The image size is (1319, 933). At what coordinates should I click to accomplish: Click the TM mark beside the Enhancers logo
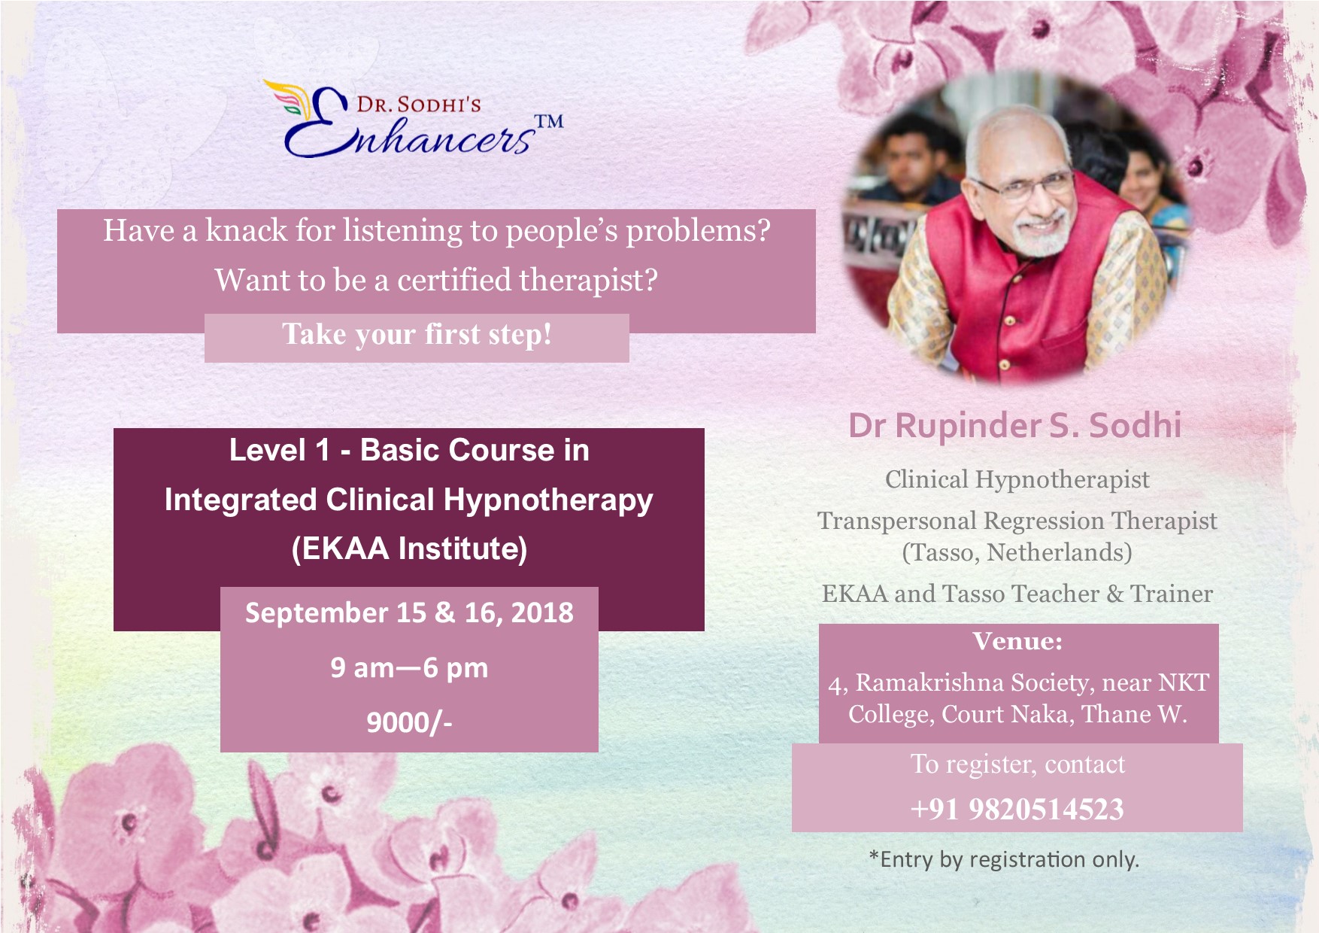[548, 121]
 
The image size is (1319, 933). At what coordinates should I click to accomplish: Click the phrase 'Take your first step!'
[417, 334]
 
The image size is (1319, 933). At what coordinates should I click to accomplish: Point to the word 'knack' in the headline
[247, 230]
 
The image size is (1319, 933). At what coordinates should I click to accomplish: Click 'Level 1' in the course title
[280, 450]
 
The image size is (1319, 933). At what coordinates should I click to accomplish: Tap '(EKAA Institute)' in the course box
[409, 549]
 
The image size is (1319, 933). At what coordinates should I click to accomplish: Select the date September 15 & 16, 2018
[409, 612]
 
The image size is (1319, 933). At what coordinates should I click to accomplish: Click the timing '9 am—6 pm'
[409, 668]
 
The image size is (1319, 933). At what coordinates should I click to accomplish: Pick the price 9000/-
[409, 722]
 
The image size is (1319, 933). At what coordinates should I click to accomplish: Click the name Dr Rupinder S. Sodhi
[1015, 425]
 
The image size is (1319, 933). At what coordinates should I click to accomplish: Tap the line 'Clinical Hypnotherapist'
[1017, 479]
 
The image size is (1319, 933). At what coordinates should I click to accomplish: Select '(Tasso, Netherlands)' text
[1017, 552]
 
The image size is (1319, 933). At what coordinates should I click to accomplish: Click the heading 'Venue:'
[1017, 641]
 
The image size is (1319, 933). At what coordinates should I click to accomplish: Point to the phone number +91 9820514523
[1017, 810]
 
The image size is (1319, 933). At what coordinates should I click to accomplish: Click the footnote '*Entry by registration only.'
[1004, 859]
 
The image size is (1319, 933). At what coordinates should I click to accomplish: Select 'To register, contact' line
[1017, 764]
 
